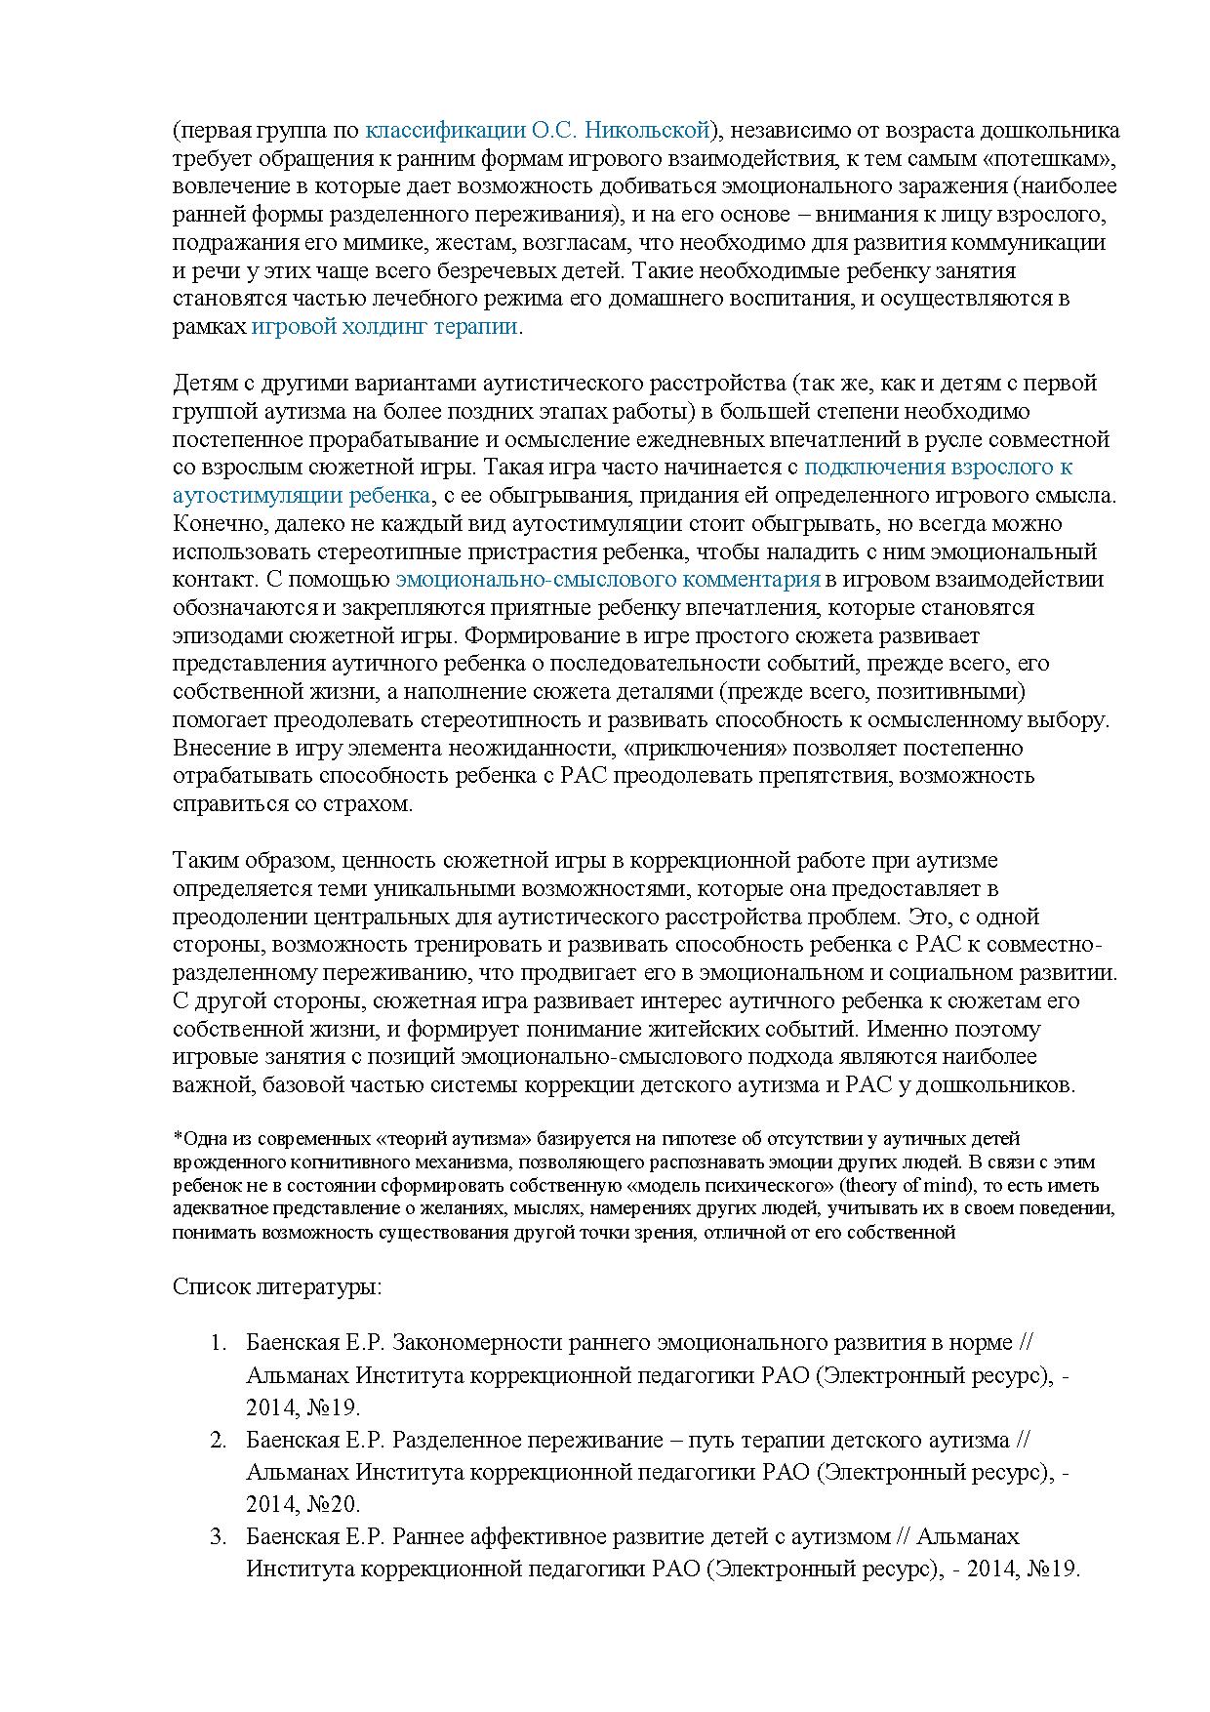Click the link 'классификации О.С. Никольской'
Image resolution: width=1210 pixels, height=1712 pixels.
(536, 130)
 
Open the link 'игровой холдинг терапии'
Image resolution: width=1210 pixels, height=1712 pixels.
(384, 326)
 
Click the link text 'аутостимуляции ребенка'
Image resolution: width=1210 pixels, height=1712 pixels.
(302, 495)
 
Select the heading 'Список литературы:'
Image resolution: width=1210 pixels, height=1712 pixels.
(276, 1285)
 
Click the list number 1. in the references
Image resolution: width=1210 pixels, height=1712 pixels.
(220, 1342)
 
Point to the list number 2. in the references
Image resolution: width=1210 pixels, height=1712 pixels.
(220, 1440)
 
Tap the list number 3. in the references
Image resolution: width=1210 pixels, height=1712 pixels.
(220, 1537)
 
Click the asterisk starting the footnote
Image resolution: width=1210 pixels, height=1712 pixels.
(178, 1138)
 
